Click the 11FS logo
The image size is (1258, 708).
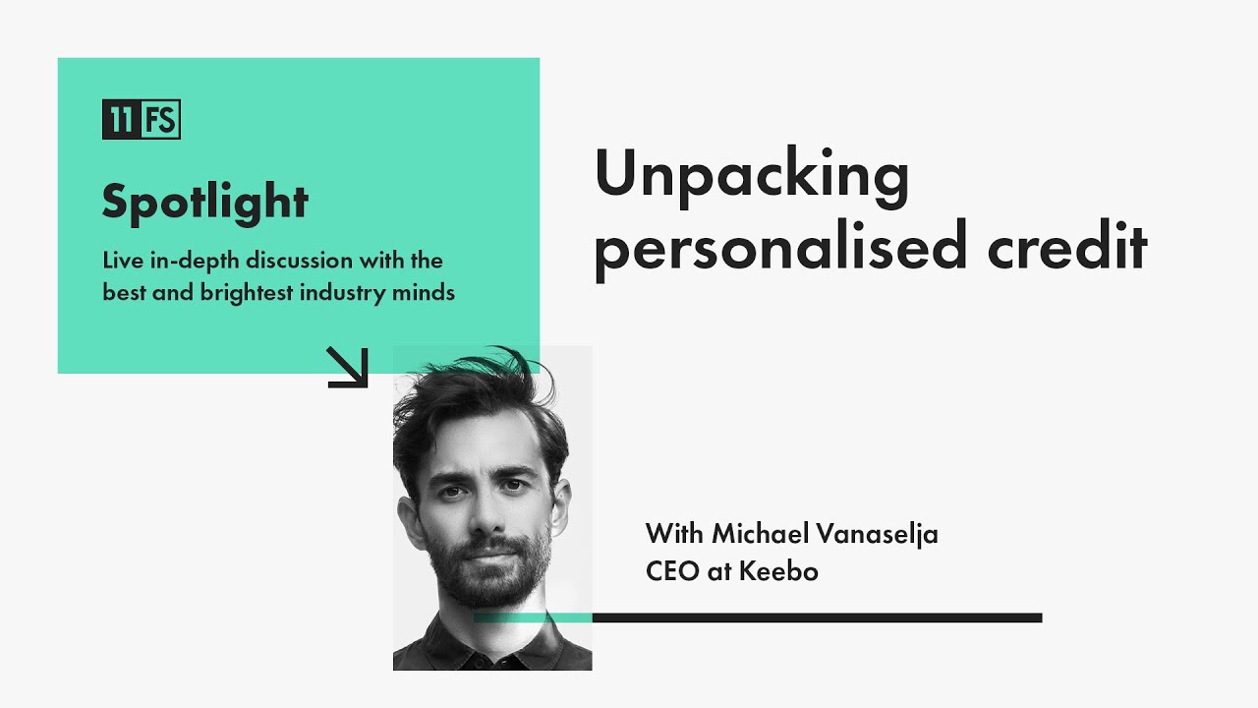(x=142, y=120)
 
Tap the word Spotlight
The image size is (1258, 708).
(x=205, y=203)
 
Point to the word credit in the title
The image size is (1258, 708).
(x=1067, y=248)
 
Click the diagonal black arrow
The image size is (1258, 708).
(x=347, y=367)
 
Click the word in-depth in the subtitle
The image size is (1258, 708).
(x=187, y=262)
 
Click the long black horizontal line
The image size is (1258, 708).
(x=816, y=618)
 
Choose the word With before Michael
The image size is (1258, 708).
(x=674, y=535)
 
